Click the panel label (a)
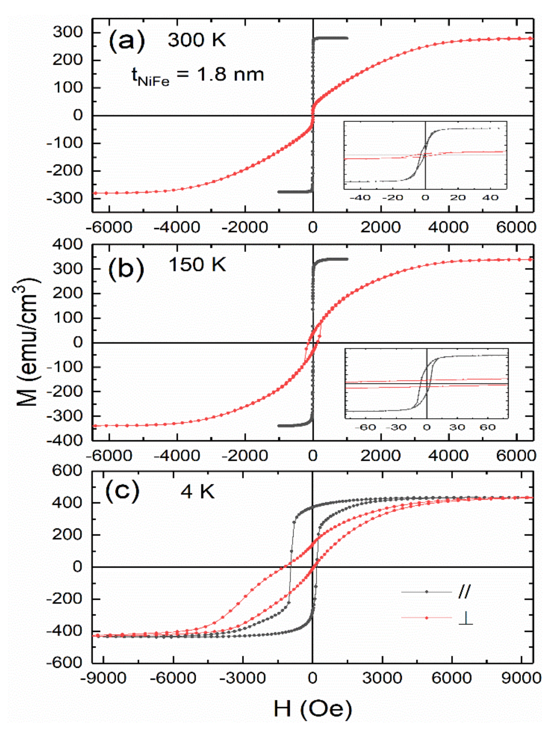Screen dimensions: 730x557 click(x=127, y=41)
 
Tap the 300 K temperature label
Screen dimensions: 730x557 click(x=197, y=40)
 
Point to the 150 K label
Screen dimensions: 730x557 click(x=197, y=265)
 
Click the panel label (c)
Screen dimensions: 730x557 click(x=123, y=490)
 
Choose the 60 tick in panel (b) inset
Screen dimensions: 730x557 click(x=487, y=427)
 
